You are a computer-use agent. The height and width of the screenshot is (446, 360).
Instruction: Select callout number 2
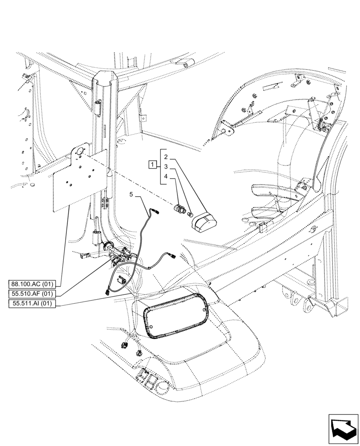tap(165, 157)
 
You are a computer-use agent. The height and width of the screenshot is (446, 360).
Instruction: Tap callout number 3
tap(165, 166)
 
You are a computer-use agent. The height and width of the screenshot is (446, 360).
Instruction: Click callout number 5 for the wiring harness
tap(131, 194)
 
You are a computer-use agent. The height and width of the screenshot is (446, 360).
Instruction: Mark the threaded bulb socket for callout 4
tap(180, 208)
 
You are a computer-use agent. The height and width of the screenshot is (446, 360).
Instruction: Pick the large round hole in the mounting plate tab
tap(79, 152)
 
